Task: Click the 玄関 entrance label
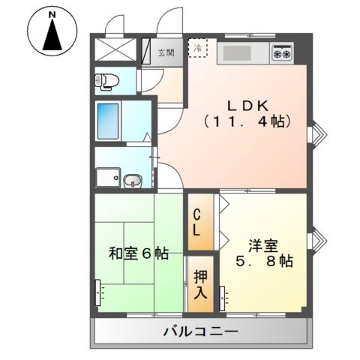click(x=166, y=52)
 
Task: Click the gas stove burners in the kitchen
click(x=282, y=54)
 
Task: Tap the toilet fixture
click(x=104, y=80)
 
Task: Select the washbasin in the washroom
click(x=133, y=180)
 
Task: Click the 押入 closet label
click(x=200, y=283)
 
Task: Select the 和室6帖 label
click(x=139, y=253)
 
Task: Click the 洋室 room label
click(x=265, y=244)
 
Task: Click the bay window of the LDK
click(x=317, y=133)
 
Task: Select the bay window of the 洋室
click(x=317, y=238)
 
